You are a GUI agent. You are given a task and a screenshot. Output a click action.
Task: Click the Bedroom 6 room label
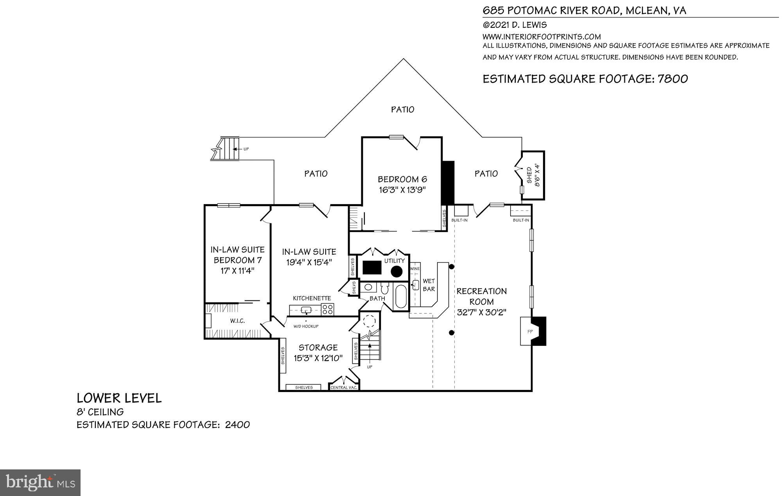(x=402, y=180)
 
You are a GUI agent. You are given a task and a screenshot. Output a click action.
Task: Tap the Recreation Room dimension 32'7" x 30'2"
(x=481, y=313)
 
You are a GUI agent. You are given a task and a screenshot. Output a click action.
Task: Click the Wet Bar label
(x=429, y=285)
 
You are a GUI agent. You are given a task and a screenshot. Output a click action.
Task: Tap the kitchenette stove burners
(x=328, y=309)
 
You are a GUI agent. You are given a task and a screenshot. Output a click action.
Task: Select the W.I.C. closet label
(x=237, y=321)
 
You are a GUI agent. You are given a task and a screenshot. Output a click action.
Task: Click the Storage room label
(x=318, y=347)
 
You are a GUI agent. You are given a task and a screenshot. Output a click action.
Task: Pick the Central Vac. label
(x=344, y=388)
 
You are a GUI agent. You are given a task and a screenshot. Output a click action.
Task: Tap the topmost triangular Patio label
(x=402, y=110)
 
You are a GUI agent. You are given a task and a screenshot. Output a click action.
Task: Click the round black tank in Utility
(x=397, y=271)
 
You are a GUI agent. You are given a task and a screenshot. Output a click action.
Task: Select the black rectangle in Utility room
(x=372, y=268)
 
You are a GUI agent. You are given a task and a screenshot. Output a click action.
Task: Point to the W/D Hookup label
(x=306, y=326)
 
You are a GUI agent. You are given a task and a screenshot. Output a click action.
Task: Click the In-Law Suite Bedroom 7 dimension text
(x=237, y=271)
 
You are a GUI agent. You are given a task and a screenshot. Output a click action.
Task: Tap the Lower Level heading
(x=119, y=398)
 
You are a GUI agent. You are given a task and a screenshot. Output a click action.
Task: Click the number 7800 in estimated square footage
(x=673, y=79)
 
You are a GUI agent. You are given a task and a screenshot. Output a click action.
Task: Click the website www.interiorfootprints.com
(x=542, y=37)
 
